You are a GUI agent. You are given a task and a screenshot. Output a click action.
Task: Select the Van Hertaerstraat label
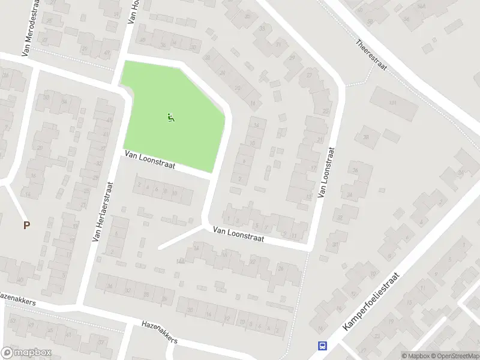click(101, 212)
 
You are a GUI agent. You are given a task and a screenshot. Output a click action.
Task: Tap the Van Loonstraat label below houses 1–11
click(238, 234)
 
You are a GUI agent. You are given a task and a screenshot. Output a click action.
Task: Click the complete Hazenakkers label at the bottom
click(160, 331)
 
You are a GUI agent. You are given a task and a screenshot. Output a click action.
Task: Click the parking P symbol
click(26, 226)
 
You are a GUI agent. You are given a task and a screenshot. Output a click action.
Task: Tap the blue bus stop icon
click(323, 346)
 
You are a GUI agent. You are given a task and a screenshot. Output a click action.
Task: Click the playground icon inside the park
click(171, 118)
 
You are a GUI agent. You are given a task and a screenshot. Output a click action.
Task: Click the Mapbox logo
click(26, 353)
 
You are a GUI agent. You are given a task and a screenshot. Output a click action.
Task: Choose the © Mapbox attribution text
click(415, 356)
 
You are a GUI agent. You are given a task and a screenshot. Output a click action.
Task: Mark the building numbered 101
click(394, 103)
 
